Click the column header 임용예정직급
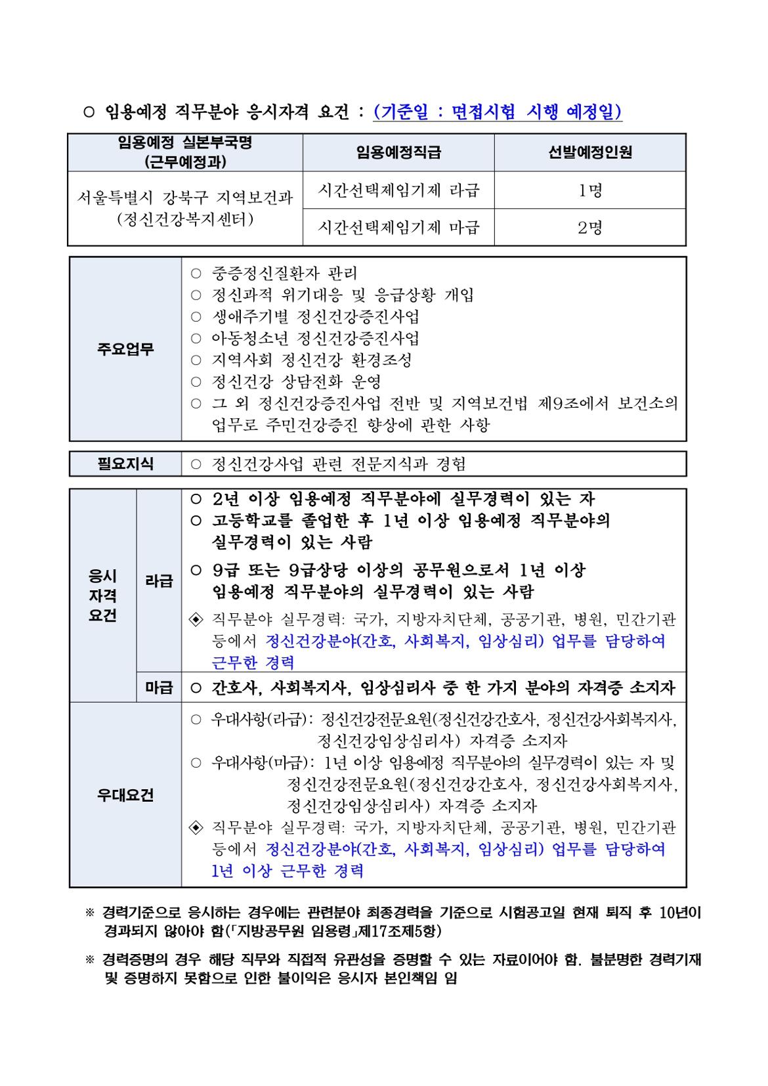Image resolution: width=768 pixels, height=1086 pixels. [x=398, y=152]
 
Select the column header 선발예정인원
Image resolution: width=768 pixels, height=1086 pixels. [x=589, y=152]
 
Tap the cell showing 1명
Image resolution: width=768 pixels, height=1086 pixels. [x=589, y=191]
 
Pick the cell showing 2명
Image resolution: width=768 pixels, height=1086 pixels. [x=589, y=228]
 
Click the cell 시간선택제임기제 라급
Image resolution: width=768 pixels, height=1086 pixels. [x=398, y=191]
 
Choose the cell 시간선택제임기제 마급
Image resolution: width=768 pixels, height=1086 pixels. [x=398, y=228]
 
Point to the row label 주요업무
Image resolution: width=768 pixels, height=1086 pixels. [x=125, y=349]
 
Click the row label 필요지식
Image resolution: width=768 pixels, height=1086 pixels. [x=125, y=464]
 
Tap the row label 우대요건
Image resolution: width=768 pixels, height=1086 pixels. [x=125, y=795]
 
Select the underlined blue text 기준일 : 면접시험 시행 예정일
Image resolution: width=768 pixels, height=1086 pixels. [x=498, y=113]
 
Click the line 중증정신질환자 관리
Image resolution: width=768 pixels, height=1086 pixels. [x=284, y=273]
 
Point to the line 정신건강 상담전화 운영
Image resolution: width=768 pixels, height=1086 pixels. [x=296, y=381]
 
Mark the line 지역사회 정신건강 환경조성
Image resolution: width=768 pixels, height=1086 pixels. [x=312, y=360]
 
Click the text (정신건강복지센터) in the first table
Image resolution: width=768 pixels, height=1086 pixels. [x=184, y=220]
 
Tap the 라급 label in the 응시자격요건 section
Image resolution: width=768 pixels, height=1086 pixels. [x=159, y=581]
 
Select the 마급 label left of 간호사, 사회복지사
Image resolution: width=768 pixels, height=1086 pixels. [x=159, y=688]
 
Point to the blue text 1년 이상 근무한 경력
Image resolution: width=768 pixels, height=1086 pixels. [x=288, y=871]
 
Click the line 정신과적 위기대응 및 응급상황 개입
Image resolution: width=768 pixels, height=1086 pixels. [x=342, y=295]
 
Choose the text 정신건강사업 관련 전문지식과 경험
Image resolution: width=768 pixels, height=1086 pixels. [x=338, y=464]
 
